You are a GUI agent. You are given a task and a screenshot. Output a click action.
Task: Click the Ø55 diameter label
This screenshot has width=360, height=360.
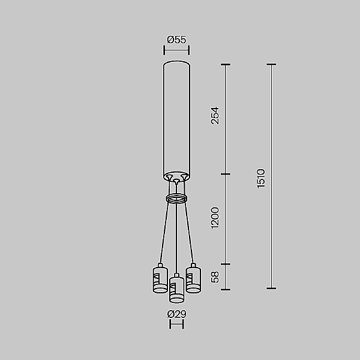176,40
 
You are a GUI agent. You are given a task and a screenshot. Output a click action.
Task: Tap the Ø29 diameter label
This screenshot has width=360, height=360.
176,314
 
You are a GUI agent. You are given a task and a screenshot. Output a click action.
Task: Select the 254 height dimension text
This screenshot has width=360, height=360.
215,116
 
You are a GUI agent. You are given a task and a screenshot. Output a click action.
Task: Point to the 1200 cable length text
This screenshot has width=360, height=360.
215,218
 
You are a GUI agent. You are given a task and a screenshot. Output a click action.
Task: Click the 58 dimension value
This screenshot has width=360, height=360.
215,277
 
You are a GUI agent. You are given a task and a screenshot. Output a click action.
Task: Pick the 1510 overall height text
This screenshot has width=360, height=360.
261,178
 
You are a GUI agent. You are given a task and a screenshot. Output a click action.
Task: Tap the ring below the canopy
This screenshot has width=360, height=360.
176,199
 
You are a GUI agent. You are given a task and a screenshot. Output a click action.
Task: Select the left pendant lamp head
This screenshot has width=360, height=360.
160,280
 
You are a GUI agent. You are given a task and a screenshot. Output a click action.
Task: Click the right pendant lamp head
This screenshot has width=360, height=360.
193,280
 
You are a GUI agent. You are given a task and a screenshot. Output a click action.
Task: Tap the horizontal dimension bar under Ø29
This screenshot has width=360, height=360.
176,325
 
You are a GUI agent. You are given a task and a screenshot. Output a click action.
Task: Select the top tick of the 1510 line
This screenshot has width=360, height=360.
271,65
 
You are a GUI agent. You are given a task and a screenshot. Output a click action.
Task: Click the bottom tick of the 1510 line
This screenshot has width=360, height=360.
271,289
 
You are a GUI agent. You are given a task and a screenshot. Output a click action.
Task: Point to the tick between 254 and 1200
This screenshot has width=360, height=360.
226,175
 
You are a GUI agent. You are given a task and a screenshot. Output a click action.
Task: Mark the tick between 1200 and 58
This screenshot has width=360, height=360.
226,263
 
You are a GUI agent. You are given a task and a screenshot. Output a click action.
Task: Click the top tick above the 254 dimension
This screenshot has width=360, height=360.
226,65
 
